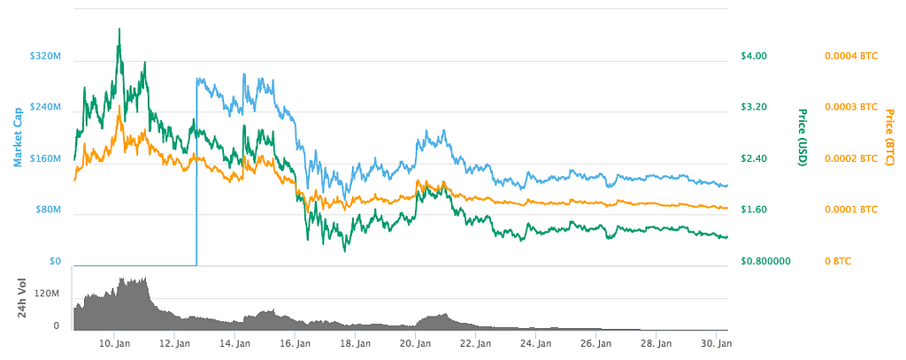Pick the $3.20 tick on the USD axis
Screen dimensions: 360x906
[753, 108]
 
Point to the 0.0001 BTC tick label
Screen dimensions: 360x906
[851, 211]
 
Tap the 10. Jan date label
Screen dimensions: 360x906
[116, 343]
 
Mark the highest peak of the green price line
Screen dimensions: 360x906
[119, 29]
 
